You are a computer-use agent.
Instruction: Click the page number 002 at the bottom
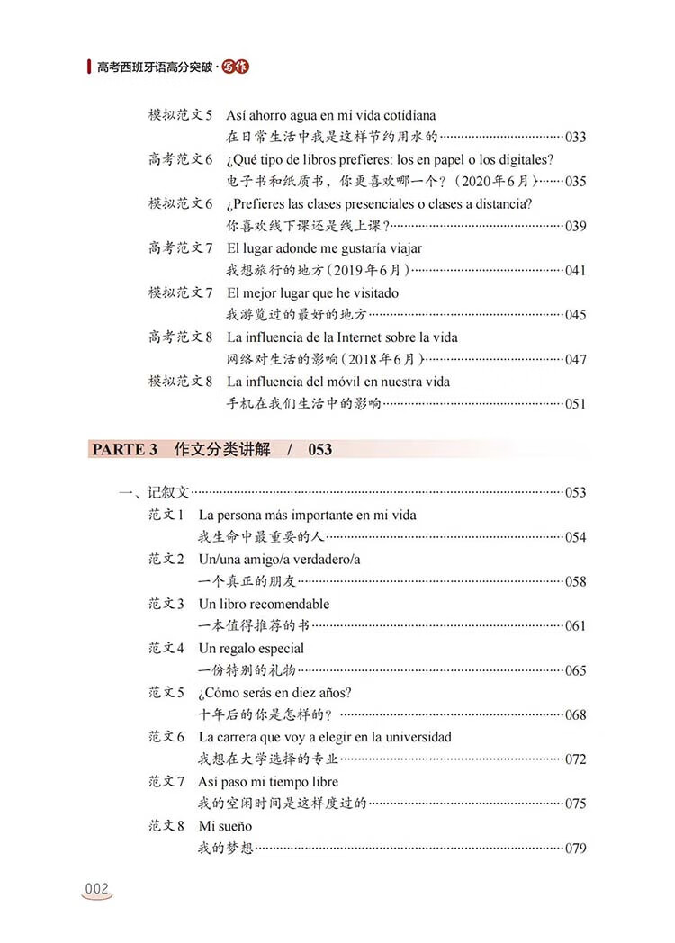[96, 889]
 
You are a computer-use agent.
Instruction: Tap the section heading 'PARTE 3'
[123, 449]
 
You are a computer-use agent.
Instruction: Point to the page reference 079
[575, 849]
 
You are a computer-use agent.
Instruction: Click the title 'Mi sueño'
[225, 826]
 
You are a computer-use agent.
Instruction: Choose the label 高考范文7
[180, 248]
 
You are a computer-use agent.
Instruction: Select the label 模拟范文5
[180, 116]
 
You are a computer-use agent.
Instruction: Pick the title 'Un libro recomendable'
[264, 604]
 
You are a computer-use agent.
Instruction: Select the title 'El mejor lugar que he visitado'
[313, 292]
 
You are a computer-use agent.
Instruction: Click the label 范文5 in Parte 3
[166, 693]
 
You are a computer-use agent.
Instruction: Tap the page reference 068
[575, 715]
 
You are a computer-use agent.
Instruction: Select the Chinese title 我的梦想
[225, 849]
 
